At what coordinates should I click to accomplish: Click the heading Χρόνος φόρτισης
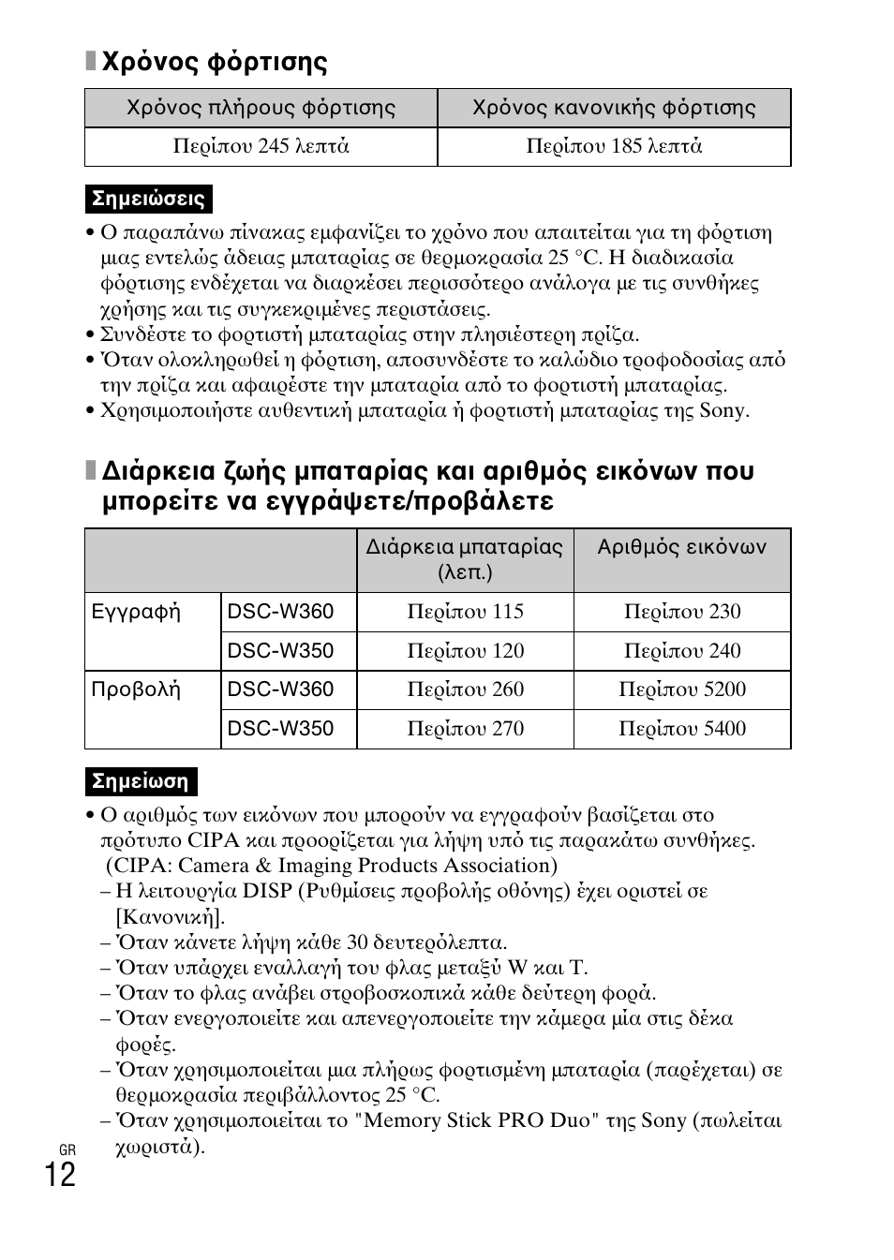(x=215, y=63)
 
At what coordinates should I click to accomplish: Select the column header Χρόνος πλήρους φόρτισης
(x=261, y=108)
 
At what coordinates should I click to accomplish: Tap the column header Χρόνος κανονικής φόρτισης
(x=614, y=108)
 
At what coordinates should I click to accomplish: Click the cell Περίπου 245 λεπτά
(x=261, y=146)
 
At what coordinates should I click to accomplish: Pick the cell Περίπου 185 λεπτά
(x=614, y=146)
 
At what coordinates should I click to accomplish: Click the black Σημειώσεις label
(x=148, y=199)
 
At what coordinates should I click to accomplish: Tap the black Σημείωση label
(x=141, y=781)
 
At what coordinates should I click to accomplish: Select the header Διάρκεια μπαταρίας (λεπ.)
(x=465, y=559)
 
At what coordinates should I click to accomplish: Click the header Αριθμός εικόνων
(x=681, y=547)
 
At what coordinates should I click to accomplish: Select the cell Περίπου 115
(x=465, y=612)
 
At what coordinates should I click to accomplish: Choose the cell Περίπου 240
(x=681, y=651)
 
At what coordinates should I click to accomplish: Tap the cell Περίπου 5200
(x=681, y=689)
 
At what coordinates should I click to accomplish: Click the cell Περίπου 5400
(x=681, y=729)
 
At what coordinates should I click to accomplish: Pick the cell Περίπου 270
(x=465, y=729)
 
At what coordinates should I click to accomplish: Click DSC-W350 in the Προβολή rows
(x=280, y=729)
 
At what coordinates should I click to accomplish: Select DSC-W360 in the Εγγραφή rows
(x=280, y=613)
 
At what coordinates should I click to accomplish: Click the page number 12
(x=59, y=1175)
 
